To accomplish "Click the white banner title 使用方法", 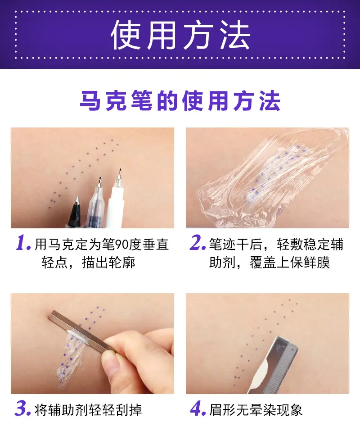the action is coord(180,35).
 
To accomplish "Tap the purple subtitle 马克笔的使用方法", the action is coord(180,101).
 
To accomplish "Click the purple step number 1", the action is coord(23,243).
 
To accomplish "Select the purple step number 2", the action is coord(198,243).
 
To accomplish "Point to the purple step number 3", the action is coord(23,409).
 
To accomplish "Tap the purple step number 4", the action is coord(198,409).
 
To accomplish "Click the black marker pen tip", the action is coord(77,200).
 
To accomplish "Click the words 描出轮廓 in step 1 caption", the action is coord(108,262).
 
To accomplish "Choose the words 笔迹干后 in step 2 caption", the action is coord(236,244).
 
